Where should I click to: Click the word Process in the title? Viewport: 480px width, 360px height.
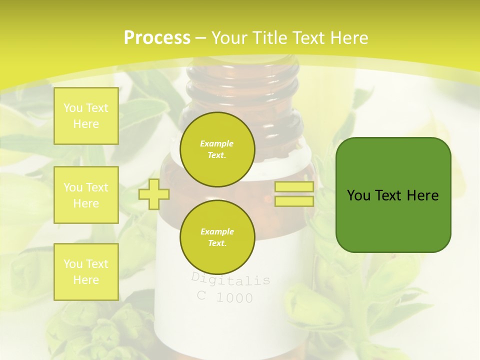coord(157,38)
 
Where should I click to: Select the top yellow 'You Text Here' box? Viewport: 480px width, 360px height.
coord(86,116)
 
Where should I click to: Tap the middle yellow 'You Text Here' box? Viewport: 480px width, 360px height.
coord(86,195)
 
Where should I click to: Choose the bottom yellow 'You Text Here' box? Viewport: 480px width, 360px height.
coord(86,272)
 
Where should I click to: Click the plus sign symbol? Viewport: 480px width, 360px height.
coord(153,194)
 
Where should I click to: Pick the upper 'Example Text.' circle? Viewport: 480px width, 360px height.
coord(217,149)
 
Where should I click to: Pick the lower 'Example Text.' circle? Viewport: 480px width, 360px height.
coord(217,237)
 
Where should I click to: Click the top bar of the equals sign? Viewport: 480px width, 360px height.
coord(294,187)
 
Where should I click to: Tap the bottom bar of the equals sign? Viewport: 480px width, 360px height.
coord(294,201)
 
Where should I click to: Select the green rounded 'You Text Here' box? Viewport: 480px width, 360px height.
coord(393,195)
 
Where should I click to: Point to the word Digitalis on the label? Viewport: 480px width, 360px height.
coord(230,279)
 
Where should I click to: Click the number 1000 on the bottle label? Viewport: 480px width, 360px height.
coord(234,298)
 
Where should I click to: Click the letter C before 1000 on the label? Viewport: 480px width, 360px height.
coord(201,295)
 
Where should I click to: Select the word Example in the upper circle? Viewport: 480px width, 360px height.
coord(217,143)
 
